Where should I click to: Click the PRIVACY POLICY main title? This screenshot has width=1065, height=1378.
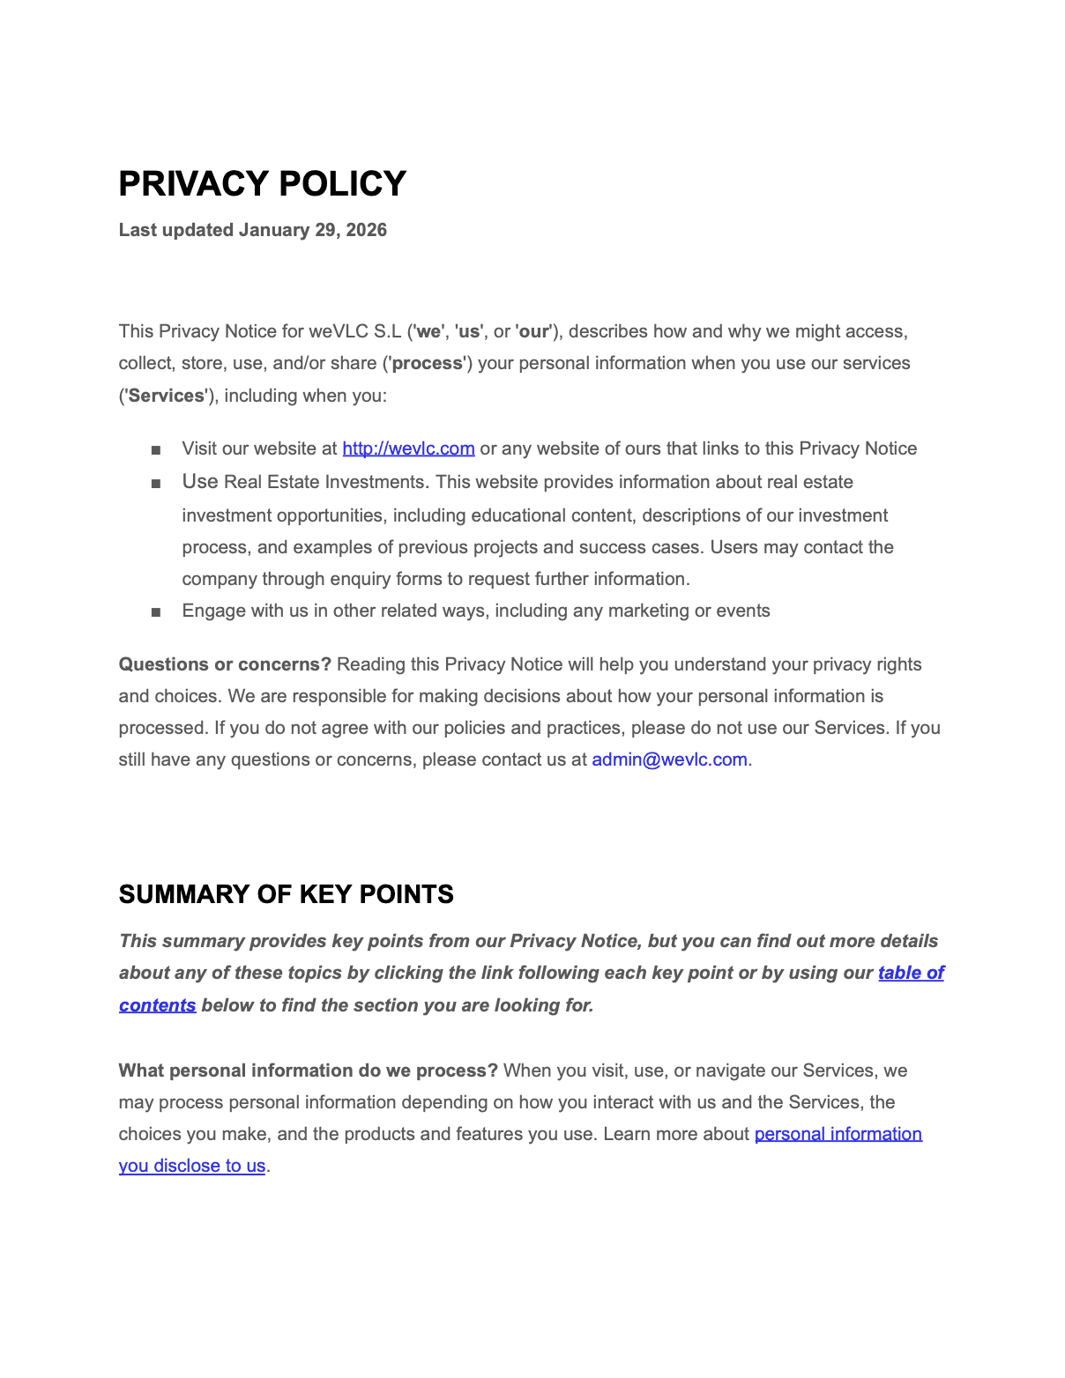click(262, 184)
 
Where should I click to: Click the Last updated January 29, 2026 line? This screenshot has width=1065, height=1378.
click(252, 230)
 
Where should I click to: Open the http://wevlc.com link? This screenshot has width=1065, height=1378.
click(408, 448)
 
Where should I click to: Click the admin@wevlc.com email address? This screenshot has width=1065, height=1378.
click(669, 759)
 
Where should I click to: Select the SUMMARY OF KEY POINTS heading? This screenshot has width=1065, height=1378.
click(286, 894)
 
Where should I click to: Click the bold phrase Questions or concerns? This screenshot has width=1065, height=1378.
click(225, 664)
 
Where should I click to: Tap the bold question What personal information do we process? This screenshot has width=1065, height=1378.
click(308, 1071)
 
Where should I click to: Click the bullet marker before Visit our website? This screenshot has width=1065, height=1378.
click(156, 450)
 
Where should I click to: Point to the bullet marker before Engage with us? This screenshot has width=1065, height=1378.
click(156, 612)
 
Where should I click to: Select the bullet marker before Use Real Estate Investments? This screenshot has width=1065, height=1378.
click(156, 484)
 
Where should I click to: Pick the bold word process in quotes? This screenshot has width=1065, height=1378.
click(428, 363)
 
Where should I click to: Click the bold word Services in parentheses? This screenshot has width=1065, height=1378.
click(166, 396)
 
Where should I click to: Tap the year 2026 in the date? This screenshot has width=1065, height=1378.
click(366, 230)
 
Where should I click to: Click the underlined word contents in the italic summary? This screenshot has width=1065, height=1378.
click(157, 1005)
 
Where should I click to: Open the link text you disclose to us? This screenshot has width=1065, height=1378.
click(192, 1166)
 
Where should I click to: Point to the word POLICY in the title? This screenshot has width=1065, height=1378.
click(342, 184)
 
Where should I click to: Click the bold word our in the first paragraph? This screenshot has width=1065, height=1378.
click(533, 331)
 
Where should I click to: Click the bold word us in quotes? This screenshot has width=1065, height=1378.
click(469, 331)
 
